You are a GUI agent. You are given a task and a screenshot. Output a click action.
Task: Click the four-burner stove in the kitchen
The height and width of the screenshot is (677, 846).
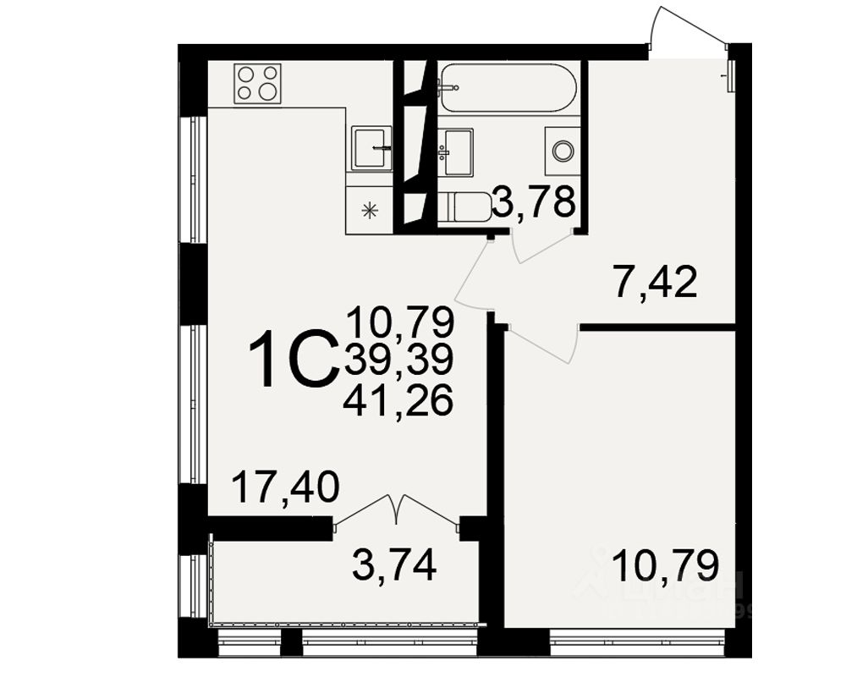(x=258, y=84)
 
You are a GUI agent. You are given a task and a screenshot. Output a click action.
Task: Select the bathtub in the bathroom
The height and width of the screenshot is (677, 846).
(x=508, y=87)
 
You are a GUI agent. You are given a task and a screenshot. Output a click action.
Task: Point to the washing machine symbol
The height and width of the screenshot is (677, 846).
(x=563, y=151)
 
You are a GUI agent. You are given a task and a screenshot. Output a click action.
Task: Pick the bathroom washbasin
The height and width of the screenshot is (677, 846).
(x=457, y=152)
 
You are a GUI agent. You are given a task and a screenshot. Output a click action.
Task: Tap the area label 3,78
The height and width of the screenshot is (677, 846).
(x=536, y=203)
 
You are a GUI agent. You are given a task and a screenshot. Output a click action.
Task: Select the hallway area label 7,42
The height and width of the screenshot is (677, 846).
(x=656, y=282)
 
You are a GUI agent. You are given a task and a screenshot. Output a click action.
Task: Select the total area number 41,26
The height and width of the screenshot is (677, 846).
(x=398, y=400)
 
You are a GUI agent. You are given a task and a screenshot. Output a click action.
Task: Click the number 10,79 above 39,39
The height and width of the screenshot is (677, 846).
(x=399, y=322)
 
